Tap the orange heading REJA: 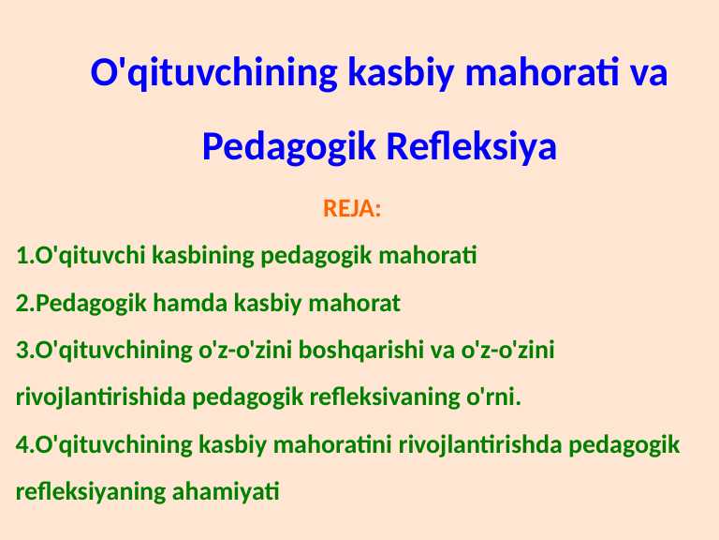(352, 208)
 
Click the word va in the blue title (650, 72)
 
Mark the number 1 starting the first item (22, 255)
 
